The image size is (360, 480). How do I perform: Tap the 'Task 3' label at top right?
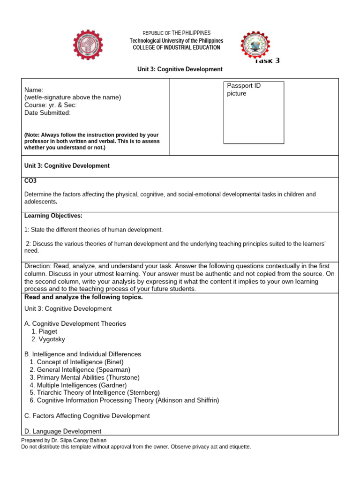point(268,60)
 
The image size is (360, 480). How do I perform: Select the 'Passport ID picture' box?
point(254,112)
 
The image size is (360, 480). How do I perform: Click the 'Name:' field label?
point(34,90)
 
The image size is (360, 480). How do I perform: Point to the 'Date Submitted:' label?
point(47,112)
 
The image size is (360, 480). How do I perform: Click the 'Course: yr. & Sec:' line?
point(50,105)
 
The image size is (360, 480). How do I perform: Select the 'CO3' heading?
point(30,180)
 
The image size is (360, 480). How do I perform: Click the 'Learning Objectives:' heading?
point(53,216)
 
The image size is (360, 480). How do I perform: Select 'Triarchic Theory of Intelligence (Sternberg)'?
point(94,392)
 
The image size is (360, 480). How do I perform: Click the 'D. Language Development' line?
point(63,431)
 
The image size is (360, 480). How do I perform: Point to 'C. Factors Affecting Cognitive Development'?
point(87,416)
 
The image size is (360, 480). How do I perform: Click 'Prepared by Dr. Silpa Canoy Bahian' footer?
point(64,440)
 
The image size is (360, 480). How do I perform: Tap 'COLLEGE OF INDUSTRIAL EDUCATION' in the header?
point(176,48)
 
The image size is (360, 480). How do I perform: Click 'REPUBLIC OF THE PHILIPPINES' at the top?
point(176,33)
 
